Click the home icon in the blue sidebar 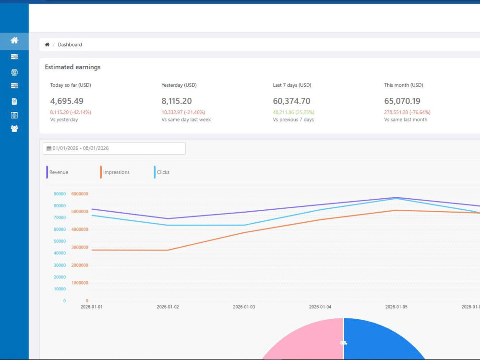tap(14, 40)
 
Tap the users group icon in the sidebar tap(14, 129)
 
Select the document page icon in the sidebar tap(14, 101)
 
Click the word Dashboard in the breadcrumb tap(70, 44)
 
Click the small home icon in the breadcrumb tap(47, 44)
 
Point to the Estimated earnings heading tap(72, 67)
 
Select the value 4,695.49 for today tap(67, 101)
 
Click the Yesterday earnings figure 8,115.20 tap(177, 101)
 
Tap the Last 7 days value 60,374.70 tap(291, 101)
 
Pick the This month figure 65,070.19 tap(402, 101)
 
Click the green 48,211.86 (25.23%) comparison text tap(294, 112)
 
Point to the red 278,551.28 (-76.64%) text tap(407, 112)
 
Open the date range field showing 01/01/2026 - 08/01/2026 tap(114, 148)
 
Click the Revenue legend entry tap(57, 172)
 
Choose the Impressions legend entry tap(115, 172)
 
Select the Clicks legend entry tap(162, 172)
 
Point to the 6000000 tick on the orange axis tap(80, 194)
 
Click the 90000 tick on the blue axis tap(60, 194)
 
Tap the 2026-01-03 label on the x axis tap(244, 307)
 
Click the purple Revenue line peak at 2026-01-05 tap(396, 197)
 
